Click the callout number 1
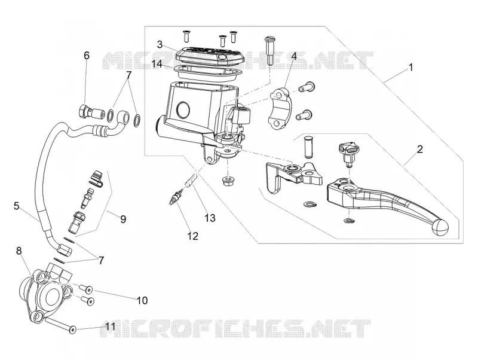410,67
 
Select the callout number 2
420,149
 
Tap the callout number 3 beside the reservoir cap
160,44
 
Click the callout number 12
193,236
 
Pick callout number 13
210,218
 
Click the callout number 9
123,219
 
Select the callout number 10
142,300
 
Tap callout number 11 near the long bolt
111,327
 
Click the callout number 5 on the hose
17,206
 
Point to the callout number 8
19,251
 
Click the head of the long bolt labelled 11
72,330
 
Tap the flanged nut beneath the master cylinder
227,182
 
